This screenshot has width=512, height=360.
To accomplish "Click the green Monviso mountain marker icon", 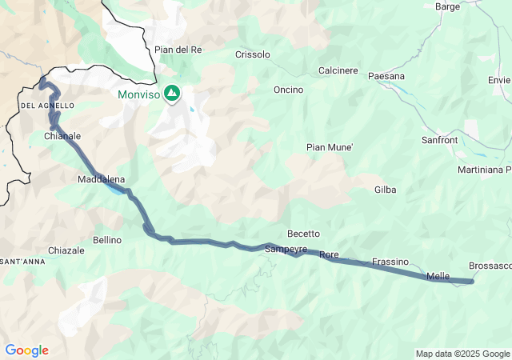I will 172,94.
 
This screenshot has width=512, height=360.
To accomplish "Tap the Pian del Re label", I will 178,50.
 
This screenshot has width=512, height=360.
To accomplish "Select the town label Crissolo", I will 253,54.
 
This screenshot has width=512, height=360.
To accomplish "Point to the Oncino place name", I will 288,90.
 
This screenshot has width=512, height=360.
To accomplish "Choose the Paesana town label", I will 386,76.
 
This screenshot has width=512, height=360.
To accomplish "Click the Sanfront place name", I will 440,140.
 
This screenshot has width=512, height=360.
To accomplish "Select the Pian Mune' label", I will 330,147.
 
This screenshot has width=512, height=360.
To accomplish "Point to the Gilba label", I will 386,190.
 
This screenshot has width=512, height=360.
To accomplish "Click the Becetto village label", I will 303,234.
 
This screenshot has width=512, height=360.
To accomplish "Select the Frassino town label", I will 390,262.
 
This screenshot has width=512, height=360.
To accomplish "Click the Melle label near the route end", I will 438,276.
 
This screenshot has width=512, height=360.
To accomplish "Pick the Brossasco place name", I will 490,266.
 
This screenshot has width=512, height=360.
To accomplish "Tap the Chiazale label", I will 66,250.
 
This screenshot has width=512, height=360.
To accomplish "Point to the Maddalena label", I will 101,179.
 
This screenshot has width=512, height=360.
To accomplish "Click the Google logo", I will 26,350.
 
